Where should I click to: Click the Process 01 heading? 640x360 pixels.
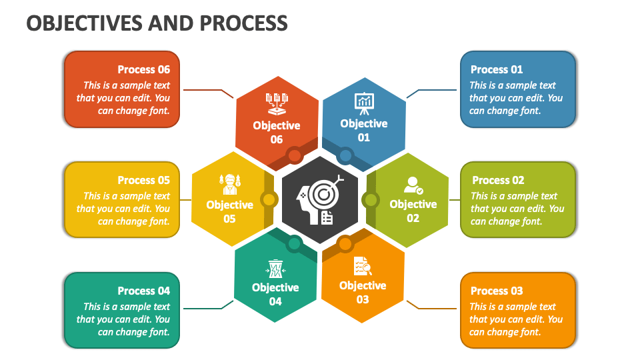point(497,69)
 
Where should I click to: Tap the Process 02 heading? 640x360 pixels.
point(498,180)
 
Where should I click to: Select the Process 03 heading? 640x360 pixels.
point(497,291)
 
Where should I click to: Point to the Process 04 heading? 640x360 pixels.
point(144,291)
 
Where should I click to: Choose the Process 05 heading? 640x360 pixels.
point(144,180)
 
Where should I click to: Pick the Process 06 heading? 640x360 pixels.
point(144,69)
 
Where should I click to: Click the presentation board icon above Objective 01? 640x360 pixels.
point(364,101)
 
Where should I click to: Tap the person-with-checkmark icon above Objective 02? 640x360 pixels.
point(413,185)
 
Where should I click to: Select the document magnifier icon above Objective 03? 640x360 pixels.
point(362,266)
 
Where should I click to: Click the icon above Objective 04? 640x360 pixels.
point(275,268)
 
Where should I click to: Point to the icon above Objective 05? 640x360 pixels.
point(229,183)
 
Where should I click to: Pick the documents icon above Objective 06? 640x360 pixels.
point(277,102)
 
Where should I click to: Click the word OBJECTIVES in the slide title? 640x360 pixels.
point(83,23)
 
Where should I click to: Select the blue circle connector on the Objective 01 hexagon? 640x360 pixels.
point(345,156)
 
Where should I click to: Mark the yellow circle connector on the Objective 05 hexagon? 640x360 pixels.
point(269,199)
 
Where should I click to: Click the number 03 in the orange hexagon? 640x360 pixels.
point(363,299)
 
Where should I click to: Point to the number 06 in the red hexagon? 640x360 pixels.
point(277,139)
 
